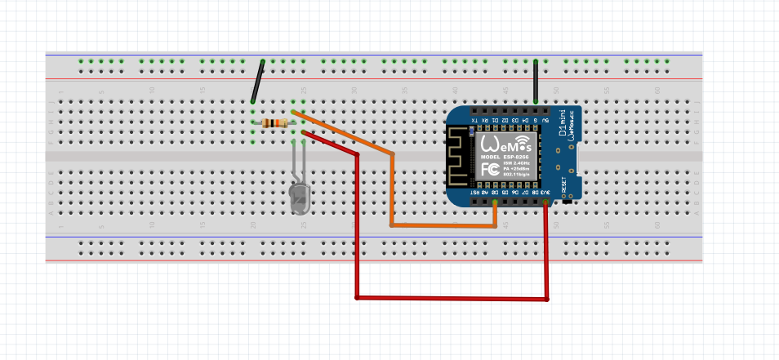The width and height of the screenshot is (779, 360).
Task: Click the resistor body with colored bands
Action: point(278,123)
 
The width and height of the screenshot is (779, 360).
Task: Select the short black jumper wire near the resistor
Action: point(258,82)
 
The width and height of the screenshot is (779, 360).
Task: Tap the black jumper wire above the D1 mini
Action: point(536,82)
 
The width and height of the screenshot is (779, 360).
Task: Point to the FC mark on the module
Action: point(491,169)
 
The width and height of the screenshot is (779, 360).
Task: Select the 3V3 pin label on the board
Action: point(545,193)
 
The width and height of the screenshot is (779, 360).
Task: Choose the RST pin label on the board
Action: point(474,193)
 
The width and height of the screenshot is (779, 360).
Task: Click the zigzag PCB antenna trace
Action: point(461,158)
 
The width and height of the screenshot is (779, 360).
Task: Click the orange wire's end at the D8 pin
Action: point(496,201)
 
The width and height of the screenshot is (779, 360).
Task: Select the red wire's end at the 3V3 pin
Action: point(545,201)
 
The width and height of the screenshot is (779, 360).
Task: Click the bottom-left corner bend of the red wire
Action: point(357,296)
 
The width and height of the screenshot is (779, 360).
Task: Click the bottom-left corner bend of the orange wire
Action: point(392,224)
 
